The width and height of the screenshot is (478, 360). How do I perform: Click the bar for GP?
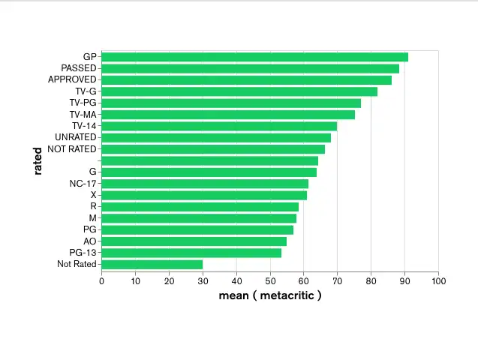click(x=254, y=57)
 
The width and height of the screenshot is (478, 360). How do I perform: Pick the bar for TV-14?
click(x=219, y=126)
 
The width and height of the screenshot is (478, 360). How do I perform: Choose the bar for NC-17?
click(x=205, y=184)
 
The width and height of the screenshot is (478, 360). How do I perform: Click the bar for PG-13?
click(x=191, y=253)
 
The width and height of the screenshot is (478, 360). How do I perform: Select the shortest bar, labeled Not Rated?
click(x=152, y=264)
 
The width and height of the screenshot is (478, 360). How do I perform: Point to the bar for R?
click(x=200, y=206)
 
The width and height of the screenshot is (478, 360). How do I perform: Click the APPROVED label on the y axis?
click(x=72, y=79)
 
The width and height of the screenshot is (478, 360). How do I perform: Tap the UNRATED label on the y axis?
click(x=76, y=137)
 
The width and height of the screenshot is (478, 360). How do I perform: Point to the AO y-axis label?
click(x=90, y=241)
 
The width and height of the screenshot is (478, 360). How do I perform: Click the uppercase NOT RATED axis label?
click(x=72, y=149)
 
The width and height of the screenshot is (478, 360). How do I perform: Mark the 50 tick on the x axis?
click(x=270, y=281)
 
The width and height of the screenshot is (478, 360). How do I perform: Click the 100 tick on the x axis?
click(x=439, y=281)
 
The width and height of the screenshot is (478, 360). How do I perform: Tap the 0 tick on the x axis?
click(x=101, y=281)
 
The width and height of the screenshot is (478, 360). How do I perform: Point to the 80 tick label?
click(x=371, y=281)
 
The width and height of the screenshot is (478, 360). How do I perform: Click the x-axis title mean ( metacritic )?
click(x=270, y=295)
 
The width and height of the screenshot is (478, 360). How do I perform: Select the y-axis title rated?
click(x=37, y=160)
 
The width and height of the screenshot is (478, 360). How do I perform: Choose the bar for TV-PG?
click(x=231, y=103)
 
